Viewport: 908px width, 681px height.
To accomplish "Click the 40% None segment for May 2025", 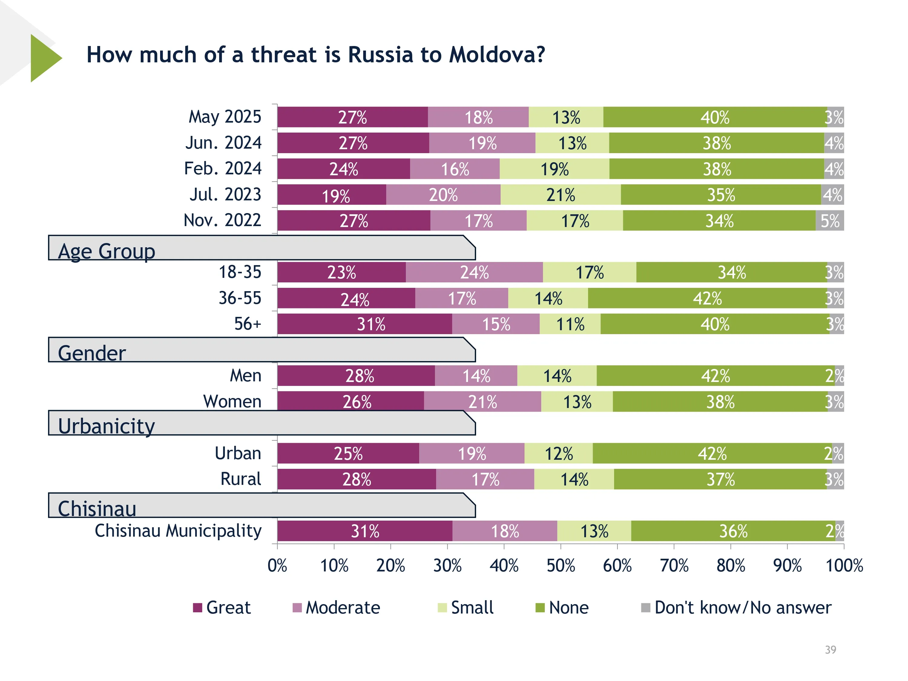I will point(715,117).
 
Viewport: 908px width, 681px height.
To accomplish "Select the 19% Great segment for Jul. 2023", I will point(332,195).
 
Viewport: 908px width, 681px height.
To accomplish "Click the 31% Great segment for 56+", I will point(364,324).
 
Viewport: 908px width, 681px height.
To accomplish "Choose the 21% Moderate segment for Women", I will point(482,401).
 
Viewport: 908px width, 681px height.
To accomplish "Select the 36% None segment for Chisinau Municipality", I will point(733,531).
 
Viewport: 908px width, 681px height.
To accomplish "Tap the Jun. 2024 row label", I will point(223,143).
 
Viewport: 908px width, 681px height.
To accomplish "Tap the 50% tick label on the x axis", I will point(561,566).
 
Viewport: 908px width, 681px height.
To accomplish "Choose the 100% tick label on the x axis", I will point(844,566).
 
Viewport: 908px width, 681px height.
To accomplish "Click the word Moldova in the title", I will point(497,54).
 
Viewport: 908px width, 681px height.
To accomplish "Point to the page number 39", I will point(831,650).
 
